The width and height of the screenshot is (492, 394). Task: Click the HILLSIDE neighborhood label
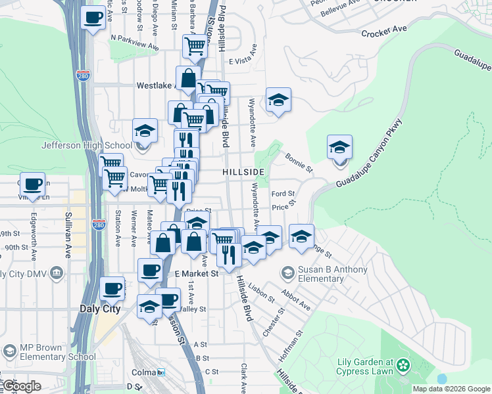click(x=243, y=171)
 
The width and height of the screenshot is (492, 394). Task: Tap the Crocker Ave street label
click(x=384, y=32)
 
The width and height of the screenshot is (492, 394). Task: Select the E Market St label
click(x=196, y=273)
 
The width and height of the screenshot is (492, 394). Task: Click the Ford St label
click(x=283, y=194)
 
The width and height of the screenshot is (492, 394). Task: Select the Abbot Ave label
click(x=296, y=301)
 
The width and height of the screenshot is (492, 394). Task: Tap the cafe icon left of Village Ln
click(x=32, y=184)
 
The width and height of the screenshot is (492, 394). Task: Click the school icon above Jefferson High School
click(x=145, y=130)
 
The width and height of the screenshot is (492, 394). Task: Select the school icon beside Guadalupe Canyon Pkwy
click(x=339, y=147)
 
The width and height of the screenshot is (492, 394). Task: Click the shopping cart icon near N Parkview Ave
click(x=195, y=46)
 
